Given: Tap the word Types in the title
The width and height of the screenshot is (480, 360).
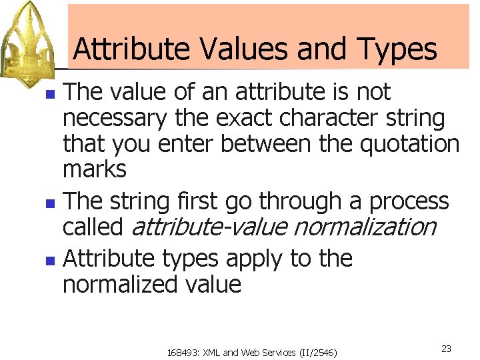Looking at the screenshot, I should click(397, 49).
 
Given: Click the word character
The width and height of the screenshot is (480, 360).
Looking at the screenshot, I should click(326, 119).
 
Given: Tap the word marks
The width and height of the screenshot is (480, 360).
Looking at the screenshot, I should click(94, 169).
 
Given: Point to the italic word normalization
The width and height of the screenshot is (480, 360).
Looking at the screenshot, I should click(364, 227).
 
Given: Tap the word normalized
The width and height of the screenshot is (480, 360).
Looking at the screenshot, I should click(118, 285).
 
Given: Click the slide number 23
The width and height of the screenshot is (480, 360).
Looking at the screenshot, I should click(447, 349).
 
